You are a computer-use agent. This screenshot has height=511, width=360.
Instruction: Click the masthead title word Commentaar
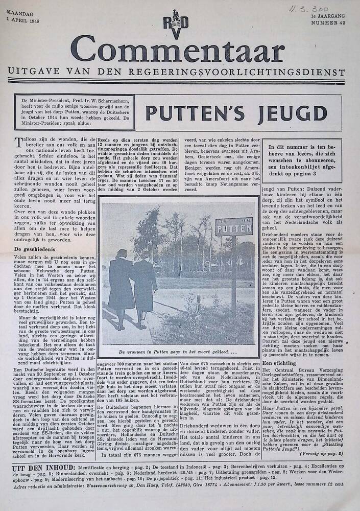point(177,53)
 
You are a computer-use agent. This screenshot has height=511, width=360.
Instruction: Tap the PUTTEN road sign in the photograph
point(234,226)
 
